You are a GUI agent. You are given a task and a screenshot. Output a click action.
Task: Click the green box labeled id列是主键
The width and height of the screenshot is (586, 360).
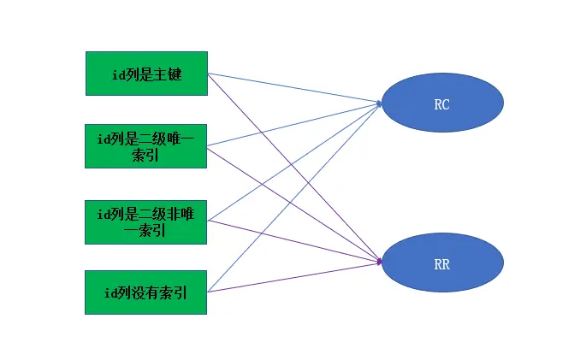[x=146, y=73]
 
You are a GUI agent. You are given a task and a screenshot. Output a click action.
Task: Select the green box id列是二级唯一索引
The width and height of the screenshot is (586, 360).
[x=146, y=145]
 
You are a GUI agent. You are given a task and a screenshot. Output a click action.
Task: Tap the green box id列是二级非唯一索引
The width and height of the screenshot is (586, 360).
[x=146, y=221]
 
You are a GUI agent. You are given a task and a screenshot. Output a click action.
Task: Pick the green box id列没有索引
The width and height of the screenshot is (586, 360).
[x=146, y=292]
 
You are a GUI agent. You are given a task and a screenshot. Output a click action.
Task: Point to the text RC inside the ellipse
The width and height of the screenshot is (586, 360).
[x=441, y=104]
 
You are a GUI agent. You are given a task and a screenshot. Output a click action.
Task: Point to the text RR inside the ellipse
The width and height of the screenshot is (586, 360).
[x=441, y=264]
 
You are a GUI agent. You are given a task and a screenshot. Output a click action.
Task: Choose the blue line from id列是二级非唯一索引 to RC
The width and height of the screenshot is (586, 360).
[x=240, y=198]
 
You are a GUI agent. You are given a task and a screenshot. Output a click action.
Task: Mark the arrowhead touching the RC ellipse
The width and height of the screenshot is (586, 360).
[x=378, y=103]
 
